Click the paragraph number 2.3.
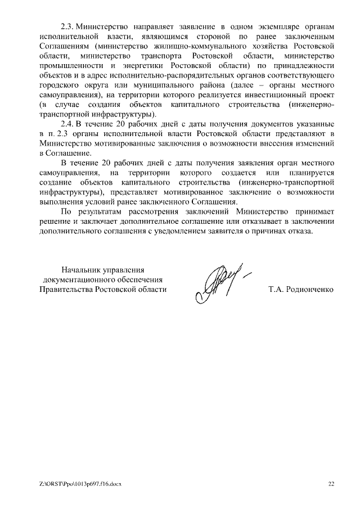click(x=67, y=27)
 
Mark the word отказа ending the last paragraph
click(x=296, y=231)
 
